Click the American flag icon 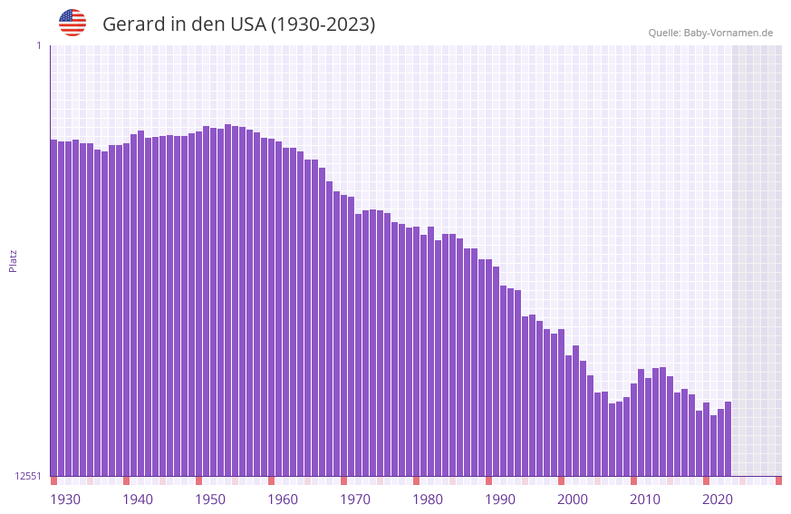tap(72, 23)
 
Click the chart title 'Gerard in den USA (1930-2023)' tap(238, 24)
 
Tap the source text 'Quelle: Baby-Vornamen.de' tap(710, 33)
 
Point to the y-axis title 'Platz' tap(13, 260)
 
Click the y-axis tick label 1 tap(38, 45)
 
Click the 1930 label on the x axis tap(65, 499)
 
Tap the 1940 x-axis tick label tap(138, 499)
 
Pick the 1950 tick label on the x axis tap(210, 499)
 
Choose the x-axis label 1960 tap(283, 499)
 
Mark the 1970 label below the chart tap(355, 499)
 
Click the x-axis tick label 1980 tap(428, 499)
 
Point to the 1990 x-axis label tap(500, 499)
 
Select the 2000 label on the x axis tap(573, 499)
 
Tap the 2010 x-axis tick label tap(645, 499)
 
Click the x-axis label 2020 tap(718, 499)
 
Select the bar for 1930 tap(54, 308)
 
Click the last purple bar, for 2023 tap(728, 439)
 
